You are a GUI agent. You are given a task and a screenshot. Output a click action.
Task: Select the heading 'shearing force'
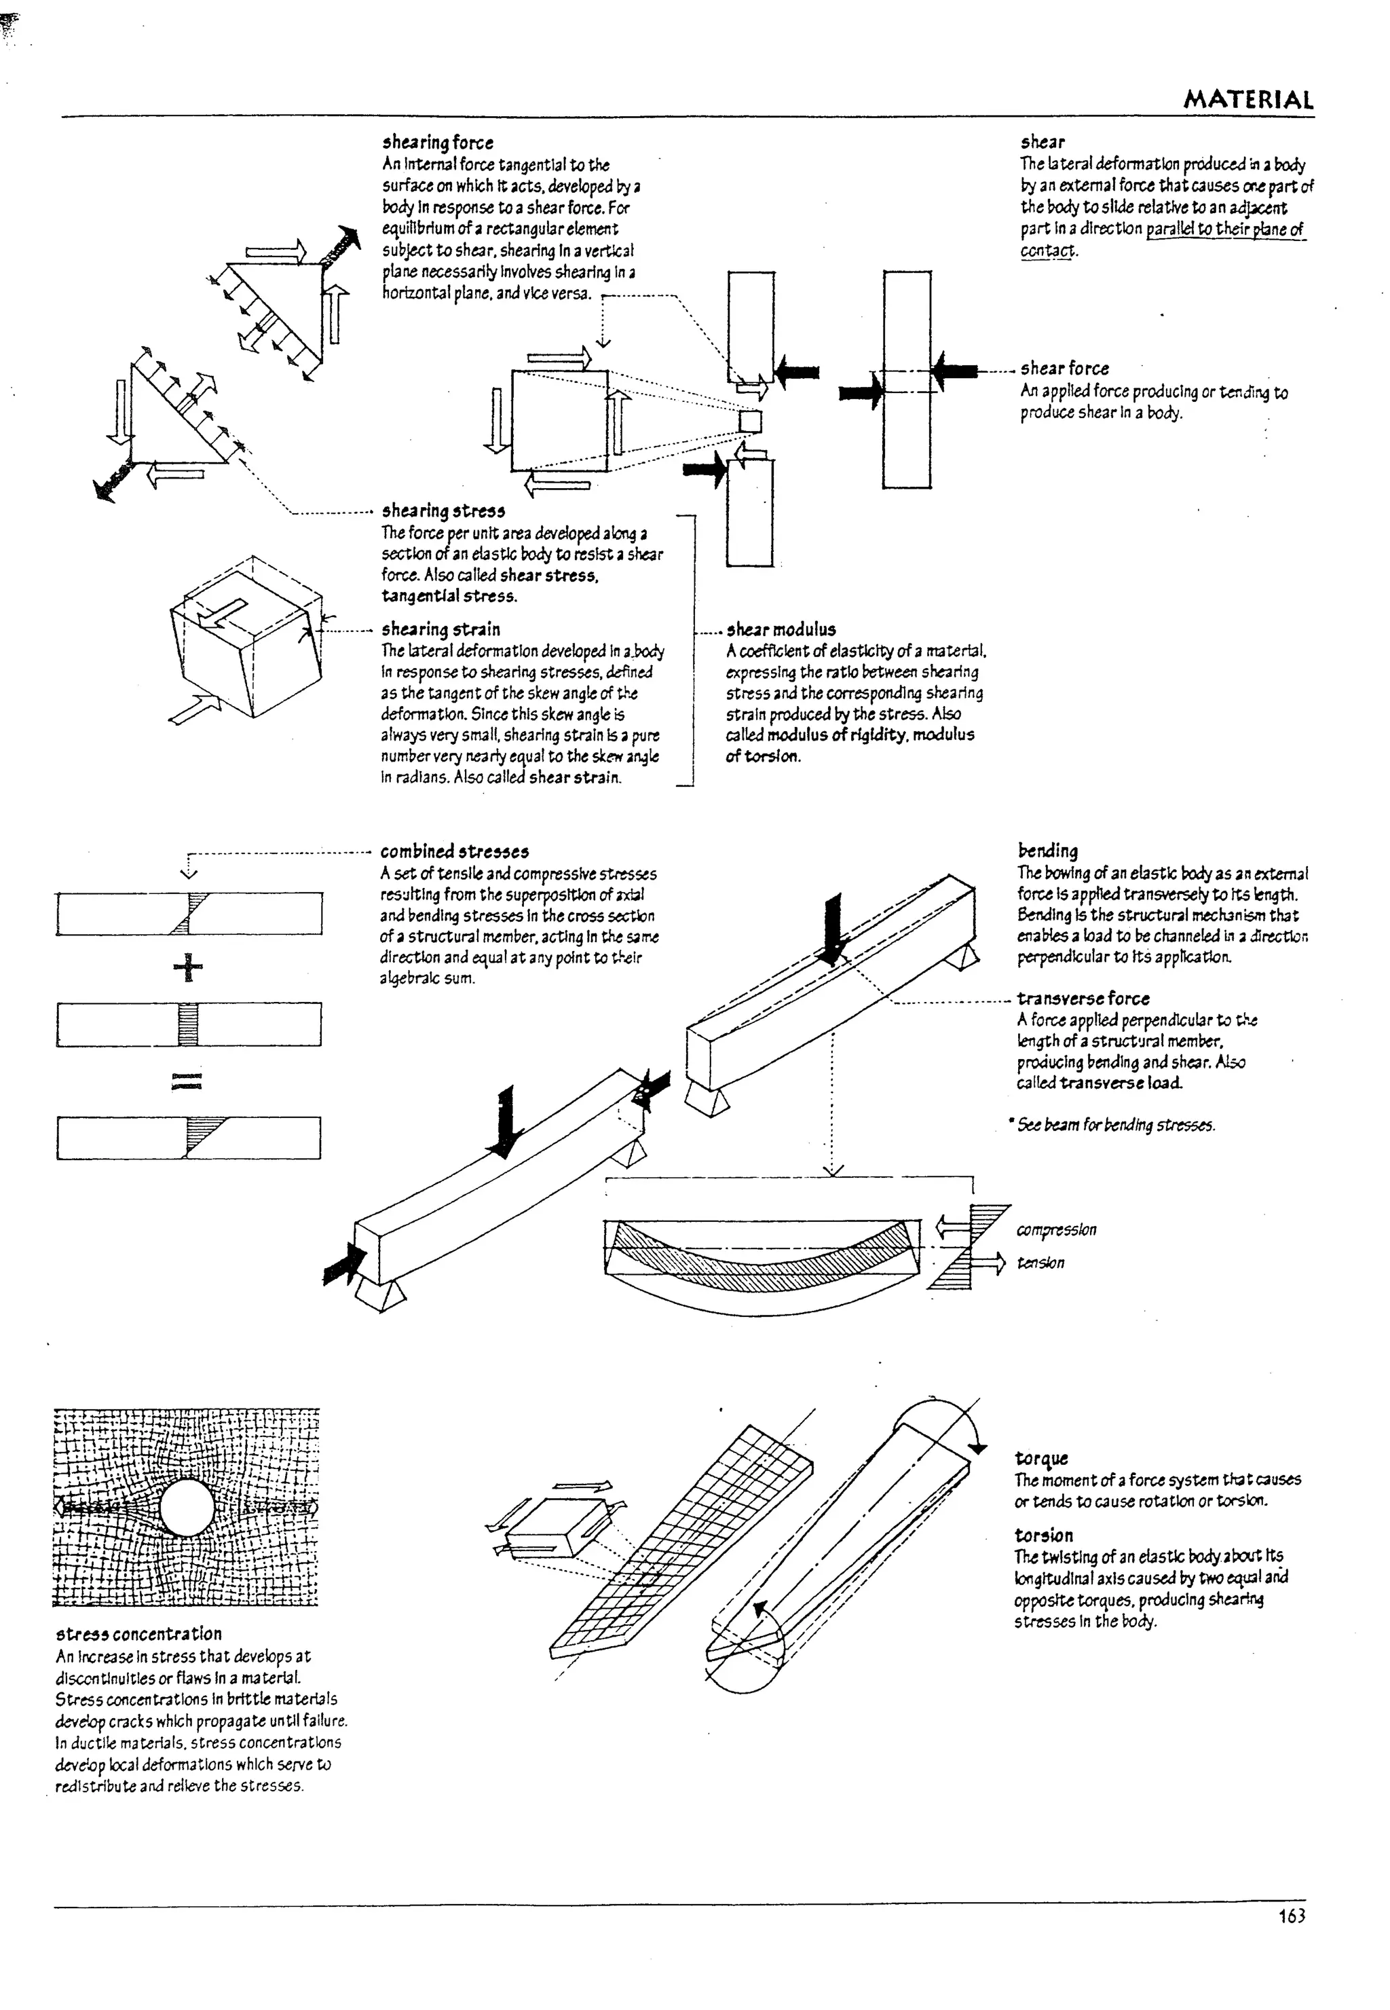point(437,143)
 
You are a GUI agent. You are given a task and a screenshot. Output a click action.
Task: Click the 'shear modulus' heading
point(781,629)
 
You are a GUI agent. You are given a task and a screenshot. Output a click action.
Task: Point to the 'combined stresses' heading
point(455,852)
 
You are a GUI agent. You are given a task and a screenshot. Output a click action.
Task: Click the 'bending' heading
point(1047,851)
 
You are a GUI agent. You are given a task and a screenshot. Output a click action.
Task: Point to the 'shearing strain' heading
point(440,629)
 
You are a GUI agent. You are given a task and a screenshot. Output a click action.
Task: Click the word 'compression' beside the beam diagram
point(1055,1229)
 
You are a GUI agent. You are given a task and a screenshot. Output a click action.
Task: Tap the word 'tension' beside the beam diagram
point(1040,1263)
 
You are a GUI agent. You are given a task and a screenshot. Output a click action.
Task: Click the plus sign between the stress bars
point(188,967)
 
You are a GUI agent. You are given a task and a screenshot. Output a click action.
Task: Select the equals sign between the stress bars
point(187,1081)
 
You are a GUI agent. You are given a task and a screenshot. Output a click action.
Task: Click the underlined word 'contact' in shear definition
point(1048,250)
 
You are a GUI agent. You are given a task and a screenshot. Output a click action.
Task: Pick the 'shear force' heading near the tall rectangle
point(1064,369)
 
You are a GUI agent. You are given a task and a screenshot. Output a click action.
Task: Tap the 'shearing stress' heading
point(443,511)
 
